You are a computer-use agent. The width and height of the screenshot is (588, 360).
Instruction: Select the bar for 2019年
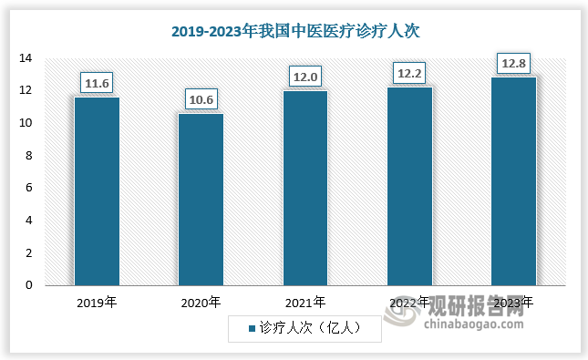click(97, 191)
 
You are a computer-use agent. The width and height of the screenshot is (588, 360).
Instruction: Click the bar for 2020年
click(201, 199)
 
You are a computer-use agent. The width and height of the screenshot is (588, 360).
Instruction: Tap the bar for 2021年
click(305, 188)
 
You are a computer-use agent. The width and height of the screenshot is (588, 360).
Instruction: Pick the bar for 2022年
click(409, 186)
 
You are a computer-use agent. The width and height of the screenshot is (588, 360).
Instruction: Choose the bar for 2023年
click(513, 181)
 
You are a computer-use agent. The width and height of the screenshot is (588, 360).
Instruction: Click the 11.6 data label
click(97, 83)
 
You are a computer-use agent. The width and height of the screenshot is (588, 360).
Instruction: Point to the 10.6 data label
click(201, 99)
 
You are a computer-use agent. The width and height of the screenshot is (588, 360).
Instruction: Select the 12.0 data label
click(305, 77)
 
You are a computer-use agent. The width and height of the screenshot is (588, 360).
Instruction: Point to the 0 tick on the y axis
click(29, 285)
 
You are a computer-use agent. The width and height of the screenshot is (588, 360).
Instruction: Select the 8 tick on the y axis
click(29, 156)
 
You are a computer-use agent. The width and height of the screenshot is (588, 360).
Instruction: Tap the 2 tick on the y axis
click(29, 252)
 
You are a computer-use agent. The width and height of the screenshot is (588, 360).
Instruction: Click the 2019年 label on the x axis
click(97, 302)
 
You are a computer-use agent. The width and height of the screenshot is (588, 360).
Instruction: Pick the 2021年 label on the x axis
click(305, 302)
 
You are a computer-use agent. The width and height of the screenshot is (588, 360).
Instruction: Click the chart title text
click(294, 31)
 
